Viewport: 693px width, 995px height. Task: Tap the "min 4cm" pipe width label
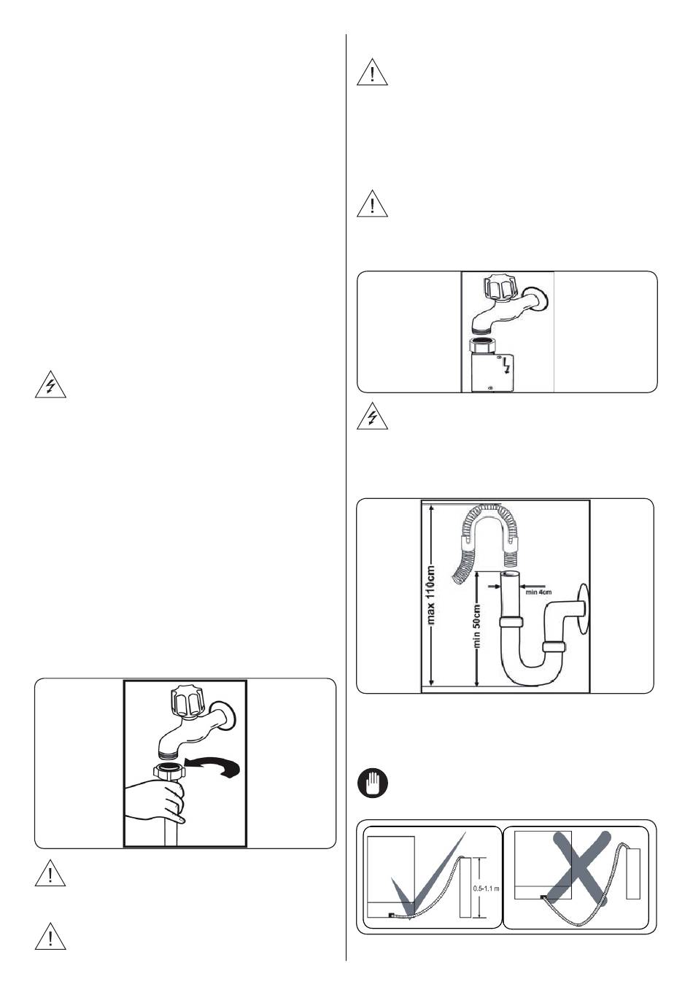tap(540, 592)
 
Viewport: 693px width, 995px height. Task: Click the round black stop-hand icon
tap(373, 784)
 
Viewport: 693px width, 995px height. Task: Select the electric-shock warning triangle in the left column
tap(50, 386)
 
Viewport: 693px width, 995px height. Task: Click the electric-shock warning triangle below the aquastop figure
tap(373, 417)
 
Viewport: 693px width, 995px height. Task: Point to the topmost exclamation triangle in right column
tap(373, 74)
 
